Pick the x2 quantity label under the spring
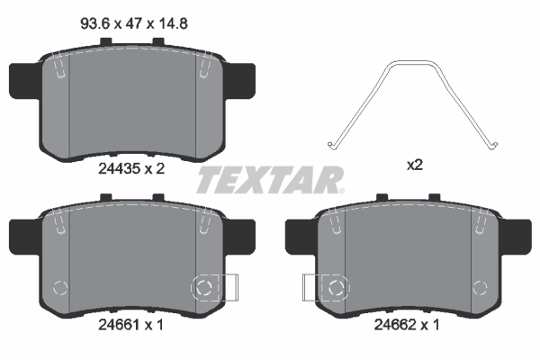tap(415, 166)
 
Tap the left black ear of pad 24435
tap(23, 81)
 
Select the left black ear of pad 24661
tap(23, 239)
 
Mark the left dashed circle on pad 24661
tap(60, 288)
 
